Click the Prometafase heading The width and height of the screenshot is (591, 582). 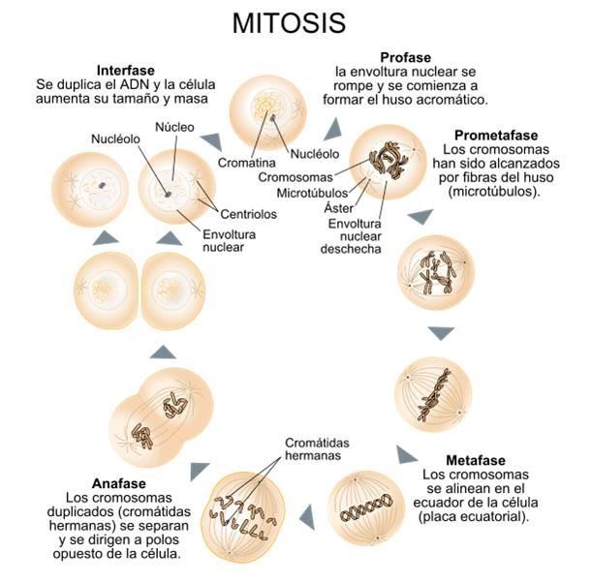495,136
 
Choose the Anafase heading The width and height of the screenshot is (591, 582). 119,483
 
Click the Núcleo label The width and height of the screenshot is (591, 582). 174,127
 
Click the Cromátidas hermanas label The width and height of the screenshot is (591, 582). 317,450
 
